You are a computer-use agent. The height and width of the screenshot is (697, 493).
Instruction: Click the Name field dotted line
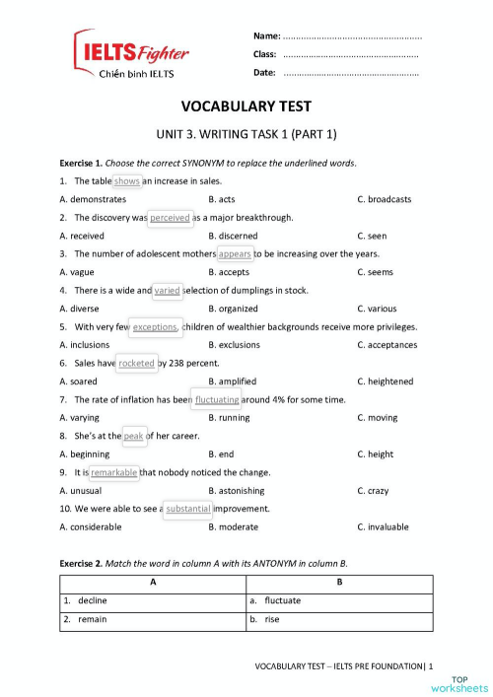pos(351,35)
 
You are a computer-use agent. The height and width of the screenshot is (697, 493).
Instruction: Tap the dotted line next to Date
pos(350,73)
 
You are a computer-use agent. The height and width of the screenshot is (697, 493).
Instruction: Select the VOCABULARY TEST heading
pos(246,106)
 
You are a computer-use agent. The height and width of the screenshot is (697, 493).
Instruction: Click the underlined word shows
pos(127,181)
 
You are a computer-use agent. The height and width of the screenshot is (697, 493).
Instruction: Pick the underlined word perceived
pos(170,217)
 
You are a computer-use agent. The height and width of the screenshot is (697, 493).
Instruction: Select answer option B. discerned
pos(233,236)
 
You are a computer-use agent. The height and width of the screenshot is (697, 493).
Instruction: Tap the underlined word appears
pos(235,253)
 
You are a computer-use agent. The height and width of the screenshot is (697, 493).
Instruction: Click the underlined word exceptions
pos(154,326)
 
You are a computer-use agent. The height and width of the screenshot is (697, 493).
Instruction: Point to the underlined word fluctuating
pos(217,399)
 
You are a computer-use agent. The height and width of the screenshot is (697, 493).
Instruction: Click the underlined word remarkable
pos(114,472)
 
